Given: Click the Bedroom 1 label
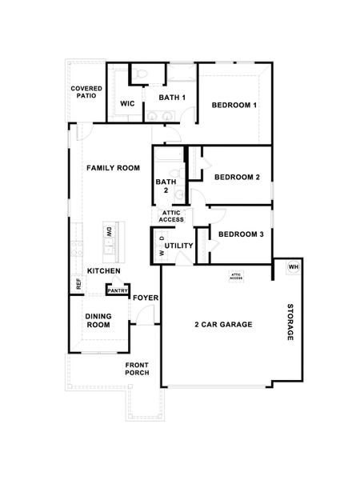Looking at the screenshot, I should (x=234, y=106).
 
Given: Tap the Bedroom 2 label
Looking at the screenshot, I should (x=237, y=177).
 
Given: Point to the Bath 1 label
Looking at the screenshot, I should (x=172, y=98).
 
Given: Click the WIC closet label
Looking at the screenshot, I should (x=127, y=104).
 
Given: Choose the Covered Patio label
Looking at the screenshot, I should (x=86, y=91).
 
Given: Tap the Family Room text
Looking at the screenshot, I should (x=114, y=168).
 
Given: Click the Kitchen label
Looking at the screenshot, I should (x=104, y=271).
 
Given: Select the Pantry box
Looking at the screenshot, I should (x=118, y=290).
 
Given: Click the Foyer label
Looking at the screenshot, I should (x=146, y=298).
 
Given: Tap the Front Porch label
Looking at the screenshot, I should (x=137, y=369).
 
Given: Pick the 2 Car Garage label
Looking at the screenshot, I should (x=223, y=324).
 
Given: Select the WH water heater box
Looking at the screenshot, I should (x=293, y=266).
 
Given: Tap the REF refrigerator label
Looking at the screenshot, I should (x=78, y=283).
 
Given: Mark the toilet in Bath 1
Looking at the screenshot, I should (x=141, y=74).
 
